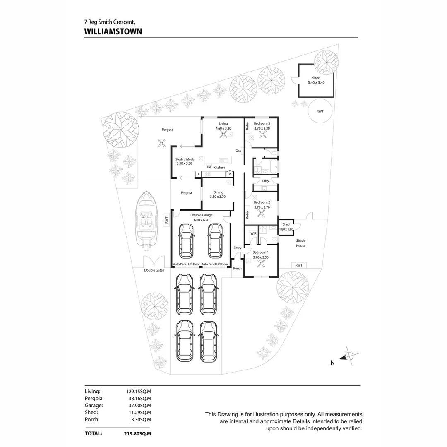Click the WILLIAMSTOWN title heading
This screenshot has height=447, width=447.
coord(113,31)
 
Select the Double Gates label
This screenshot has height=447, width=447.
coord(154,270)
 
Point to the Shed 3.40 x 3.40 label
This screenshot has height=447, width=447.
coord(316,80)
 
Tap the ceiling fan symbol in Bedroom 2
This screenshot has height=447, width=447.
coord(261,213)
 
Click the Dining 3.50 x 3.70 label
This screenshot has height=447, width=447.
coord(218,195)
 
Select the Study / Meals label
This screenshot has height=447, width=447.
coord(185,161)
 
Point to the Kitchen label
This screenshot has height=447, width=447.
coord(219,168)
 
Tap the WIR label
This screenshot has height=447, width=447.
coord(253,233)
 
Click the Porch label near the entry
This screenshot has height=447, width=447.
coord(237,269)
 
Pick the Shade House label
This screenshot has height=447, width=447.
coord(301,243)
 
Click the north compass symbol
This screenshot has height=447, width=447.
coord(349,356)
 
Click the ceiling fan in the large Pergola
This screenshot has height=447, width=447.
coord(161,144)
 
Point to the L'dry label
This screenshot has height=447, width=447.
coord(266,181)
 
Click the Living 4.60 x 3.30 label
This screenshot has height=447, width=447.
coord(223,126)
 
